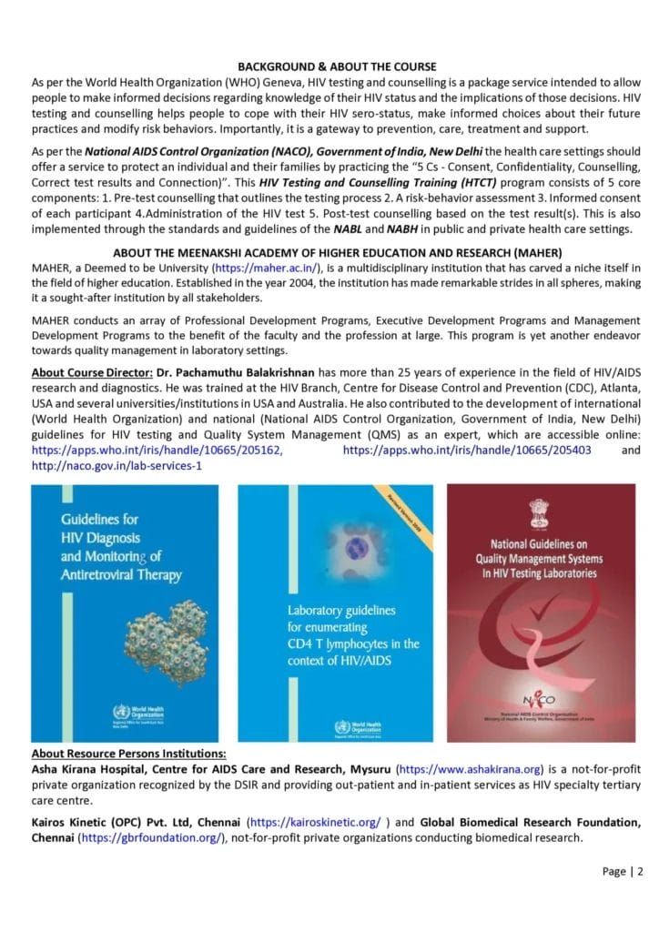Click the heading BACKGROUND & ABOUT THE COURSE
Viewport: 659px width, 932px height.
tap(338, 66)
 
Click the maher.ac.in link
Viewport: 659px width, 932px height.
tap(262, 268)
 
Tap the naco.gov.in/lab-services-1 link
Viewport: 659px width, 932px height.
tap(117, 465)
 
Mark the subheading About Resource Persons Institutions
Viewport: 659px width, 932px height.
tap(128, 755)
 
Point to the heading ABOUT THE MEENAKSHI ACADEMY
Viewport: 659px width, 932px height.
tap(337, 252)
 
